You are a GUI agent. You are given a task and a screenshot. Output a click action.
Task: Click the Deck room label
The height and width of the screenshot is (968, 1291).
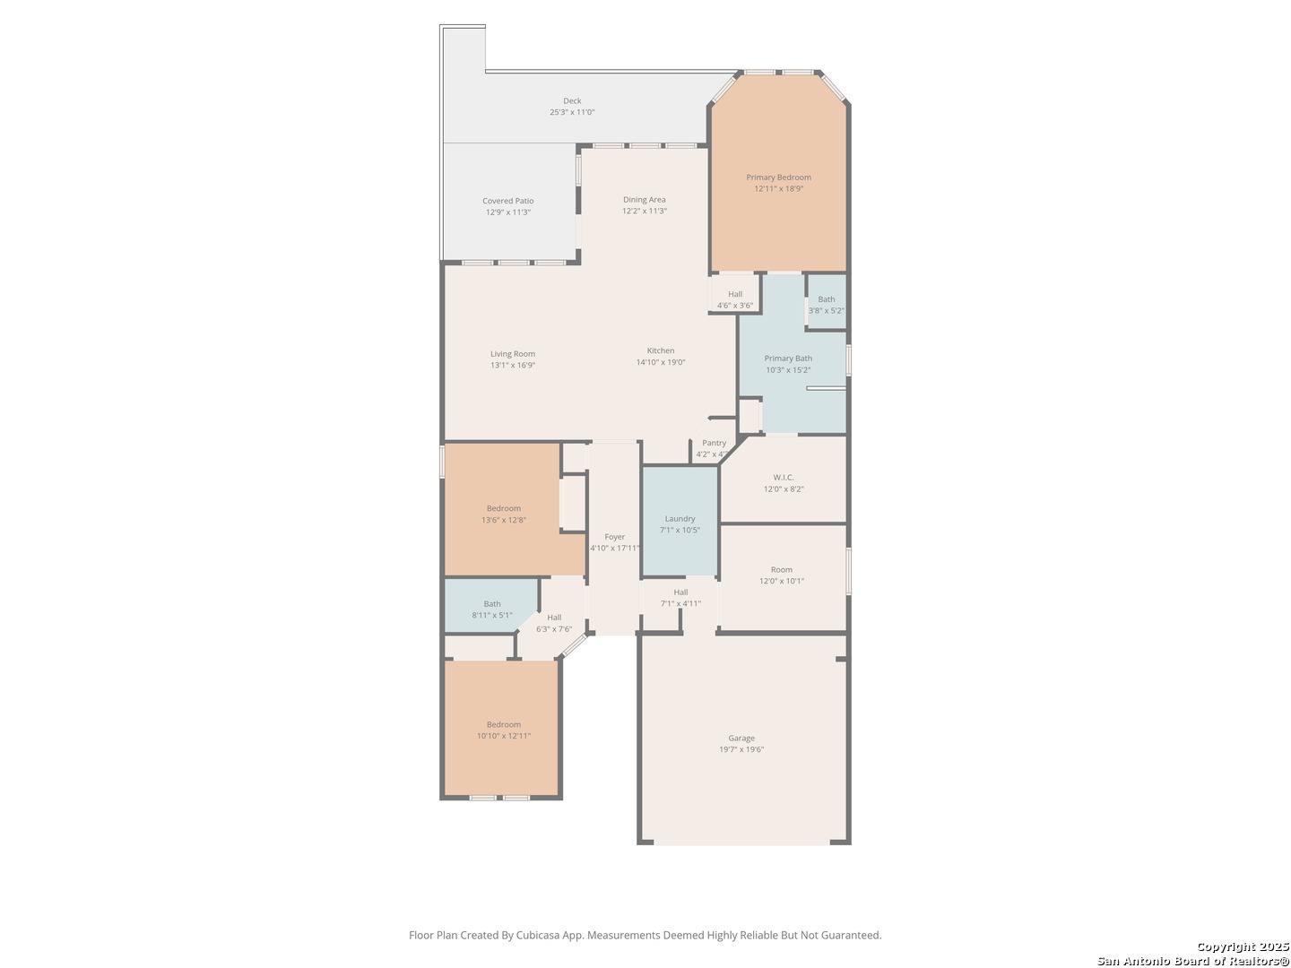click(572, 101)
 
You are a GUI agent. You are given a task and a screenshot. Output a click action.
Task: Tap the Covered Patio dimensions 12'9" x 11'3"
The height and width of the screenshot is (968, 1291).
click(507, 212)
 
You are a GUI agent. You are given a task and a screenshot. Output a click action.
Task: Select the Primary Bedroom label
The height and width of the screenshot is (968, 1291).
click(778, 177)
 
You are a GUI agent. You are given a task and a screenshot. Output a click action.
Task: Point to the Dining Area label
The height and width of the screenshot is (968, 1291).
click(644, 200)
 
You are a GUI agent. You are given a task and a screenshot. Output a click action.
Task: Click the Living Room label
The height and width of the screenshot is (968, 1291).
click(512, 354)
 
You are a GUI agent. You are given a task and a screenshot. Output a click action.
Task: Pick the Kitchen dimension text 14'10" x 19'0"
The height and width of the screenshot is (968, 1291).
click(661, 362)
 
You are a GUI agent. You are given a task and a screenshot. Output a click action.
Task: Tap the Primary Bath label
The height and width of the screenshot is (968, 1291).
click(787, 359)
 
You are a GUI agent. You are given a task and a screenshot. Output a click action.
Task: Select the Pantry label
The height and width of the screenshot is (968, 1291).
click(714, 443)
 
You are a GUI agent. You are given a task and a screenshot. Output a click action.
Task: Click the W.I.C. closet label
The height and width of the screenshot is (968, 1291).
click(783, 477)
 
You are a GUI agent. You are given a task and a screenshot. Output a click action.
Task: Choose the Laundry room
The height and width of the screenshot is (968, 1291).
click(680, 519)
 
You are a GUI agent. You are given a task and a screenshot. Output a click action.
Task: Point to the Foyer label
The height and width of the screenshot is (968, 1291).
click(614, 537)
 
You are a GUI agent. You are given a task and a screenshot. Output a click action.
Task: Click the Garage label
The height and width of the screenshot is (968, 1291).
click(741, 739)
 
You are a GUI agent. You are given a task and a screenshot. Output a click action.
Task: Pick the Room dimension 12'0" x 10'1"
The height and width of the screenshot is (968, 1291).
click(781, 581)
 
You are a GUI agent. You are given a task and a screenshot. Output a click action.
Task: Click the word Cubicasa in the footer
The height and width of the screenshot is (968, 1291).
click(538, 935)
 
